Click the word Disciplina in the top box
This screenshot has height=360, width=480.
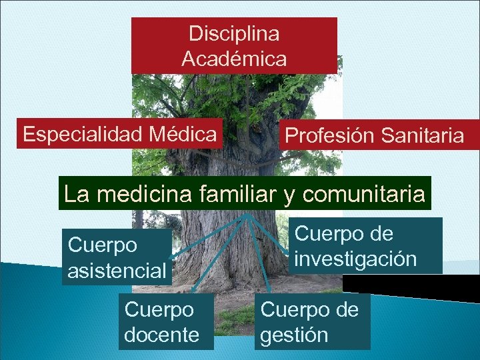click(x=234, y=33)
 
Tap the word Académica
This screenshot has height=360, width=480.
click(x=234, y=59)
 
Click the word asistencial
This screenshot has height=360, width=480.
click(x=117, y=271)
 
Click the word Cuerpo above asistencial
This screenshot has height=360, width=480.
click(x=103, y=245)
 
